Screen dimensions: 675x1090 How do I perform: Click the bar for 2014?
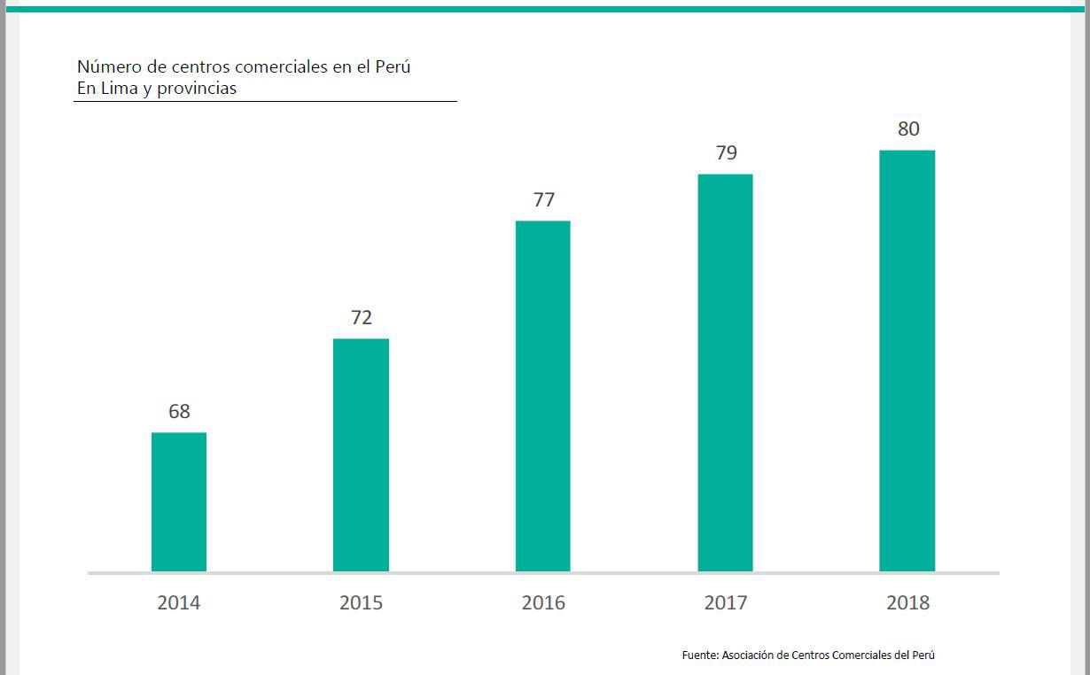click(179, 501)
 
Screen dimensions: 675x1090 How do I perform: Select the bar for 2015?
click(361, 454)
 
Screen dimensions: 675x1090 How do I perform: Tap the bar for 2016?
click(542, 396)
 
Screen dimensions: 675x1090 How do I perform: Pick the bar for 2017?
click(725, 372)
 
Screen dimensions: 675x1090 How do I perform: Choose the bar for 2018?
click(907, 361)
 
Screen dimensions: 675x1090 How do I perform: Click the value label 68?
click(179, 411)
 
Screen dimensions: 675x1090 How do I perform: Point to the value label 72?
click(361, 317)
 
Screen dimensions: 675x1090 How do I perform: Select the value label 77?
click(543, 199)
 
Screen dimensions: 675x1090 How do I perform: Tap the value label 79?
click(726, 152)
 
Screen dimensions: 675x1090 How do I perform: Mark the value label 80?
click(907, 128)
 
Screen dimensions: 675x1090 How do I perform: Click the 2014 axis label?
click(179, 603)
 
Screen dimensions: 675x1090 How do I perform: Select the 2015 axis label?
click(361, 603)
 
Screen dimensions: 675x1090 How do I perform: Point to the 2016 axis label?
click(543, 603)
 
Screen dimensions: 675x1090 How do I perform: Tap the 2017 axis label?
click(726, 603)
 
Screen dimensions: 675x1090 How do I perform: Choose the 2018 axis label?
click(907, 603)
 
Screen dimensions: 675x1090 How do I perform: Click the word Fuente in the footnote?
click(699, 656)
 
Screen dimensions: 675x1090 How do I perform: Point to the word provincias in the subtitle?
click(197, 89)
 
